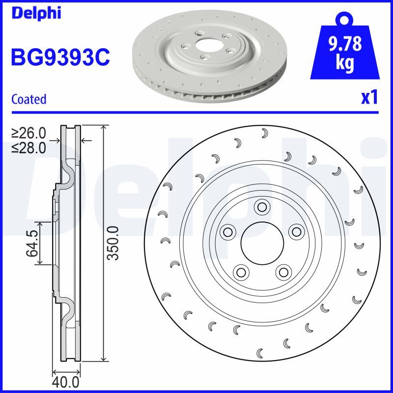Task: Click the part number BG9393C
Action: [x=60, y=58]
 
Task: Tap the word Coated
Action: [x=28, y=99]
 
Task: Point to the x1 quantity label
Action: [x=369, y=98]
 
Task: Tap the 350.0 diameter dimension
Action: [x=113, y=243]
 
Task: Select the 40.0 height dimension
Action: [x=66, y=381]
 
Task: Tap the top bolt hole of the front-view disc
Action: [x=261, y=207]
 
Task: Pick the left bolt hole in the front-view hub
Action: [x=227, y=231]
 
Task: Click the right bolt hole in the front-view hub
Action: [x=295, y=231]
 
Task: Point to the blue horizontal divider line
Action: [x=196, y=112]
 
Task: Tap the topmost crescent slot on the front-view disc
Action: [x=264, y=133]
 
